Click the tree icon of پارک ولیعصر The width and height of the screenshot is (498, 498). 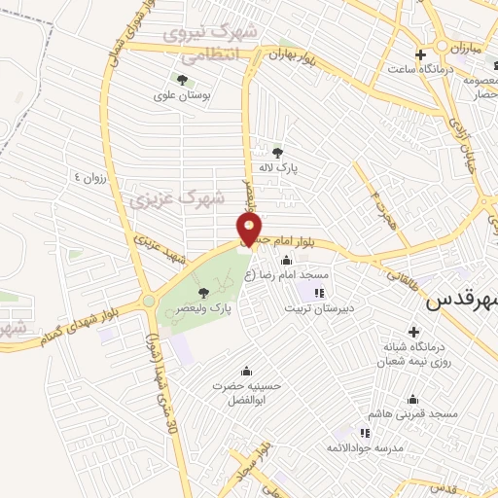pos(203,293)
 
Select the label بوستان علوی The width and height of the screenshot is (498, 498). pos(182,96)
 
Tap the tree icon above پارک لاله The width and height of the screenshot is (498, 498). pos(278,152)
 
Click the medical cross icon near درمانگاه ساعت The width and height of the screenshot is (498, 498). pos(420,54)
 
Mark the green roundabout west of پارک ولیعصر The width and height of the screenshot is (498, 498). pos(148,302)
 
